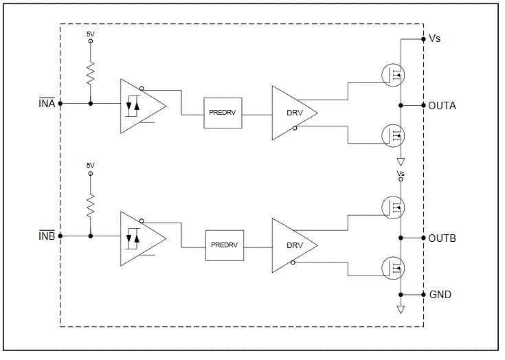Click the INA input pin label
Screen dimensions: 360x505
point(47,104)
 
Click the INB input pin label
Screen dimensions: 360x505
point(47,236)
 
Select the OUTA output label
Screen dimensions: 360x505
point(442,106)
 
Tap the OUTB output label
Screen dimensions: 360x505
point(442,238)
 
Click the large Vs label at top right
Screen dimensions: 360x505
point(434,38)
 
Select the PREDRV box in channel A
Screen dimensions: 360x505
point(223,113)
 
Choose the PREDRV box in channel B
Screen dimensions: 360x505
point(223,245)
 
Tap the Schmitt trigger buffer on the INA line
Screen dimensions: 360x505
point(139,105)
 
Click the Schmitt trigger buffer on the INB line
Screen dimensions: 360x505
point(139,238)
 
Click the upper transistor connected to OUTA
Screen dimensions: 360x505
point(394,74)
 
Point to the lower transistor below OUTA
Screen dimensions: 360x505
point(394,134)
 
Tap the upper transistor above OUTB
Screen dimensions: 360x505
point(394,206)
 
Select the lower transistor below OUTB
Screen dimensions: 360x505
point(394,267)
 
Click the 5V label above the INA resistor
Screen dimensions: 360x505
point(91,33)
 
